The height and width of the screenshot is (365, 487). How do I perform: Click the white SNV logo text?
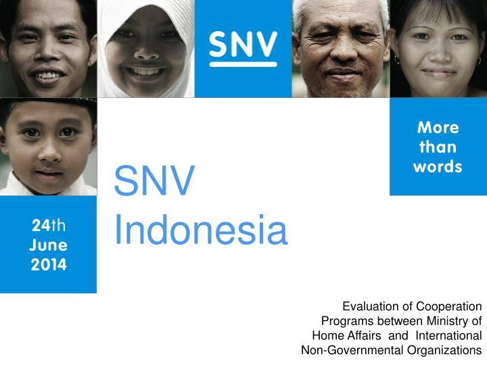pyautogui.click(x=243, y=44)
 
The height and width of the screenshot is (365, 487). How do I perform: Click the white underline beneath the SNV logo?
pyautogui.click(x=243, y=64)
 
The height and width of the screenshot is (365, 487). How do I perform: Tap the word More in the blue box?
pyautogui.click(x=438, y=128)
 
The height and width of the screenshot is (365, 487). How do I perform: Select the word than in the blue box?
pyautogui.click(x=438, y=147)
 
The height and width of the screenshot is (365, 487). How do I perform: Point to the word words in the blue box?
pyautogui.click(x=438, y=166)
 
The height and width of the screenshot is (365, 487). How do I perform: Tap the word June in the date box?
pyautogui.click(x=48, y=245)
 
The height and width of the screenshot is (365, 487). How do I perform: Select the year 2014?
pyautogui.click(x=48, y=264)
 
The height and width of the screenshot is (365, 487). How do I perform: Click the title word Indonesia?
pyautogui.click(x=200, y=230)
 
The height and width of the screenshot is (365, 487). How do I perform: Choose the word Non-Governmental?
pyautogui.click(x=352, y=349)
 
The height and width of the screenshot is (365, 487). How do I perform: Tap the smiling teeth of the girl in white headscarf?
pyautogui.click(x=147, y=70)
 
